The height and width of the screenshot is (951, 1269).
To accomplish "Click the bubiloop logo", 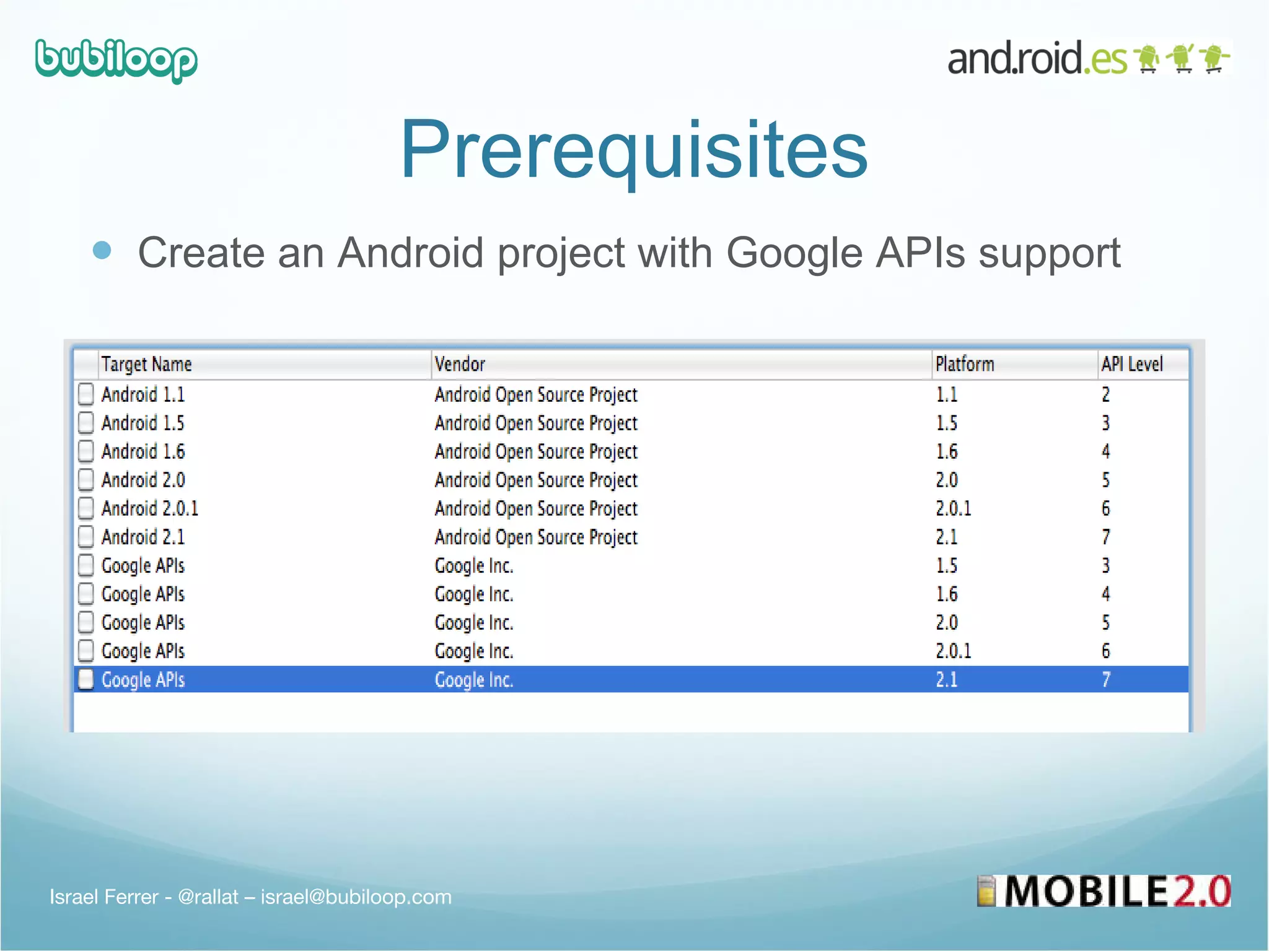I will tap(116, 60).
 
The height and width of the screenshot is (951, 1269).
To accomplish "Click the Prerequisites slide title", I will tap(634, 150).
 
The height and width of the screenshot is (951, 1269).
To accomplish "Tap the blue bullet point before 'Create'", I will tap(102, 250).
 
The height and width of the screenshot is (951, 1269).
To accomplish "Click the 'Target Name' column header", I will tap(146, 364).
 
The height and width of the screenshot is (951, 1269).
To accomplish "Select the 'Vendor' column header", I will tap(460, 364).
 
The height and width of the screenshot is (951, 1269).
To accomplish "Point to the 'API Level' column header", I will tap(1131, 364).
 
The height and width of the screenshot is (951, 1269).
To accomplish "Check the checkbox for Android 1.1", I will tap(86, 394).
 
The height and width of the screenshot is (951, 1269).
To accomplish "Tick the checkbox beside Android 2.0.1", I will tap(86, 508).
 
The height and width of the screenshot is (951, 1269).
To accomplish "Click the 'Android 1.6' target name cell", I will tap(143, 451).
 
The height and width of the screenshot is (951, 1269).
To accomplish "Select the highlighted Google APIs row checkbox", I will tap(86, 679).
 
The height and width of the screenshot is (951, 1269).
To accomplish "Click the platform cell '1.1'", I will tap(946, 394).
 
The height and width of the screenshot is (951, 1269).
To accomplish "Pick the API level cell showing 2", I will tap(1105, 394).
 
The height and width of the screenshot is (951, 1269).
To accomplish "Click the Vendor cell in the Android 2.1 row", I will tap(536, 537).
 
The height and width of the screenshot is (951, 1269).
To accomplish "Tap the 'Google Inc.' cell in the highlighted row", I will tap(474, 680).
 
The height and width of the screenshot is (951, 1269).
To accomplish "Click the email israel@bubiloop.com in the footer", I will tap(356, 897).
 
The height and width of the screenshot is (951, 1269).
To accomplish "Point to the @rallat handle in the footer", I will tap(208, 897).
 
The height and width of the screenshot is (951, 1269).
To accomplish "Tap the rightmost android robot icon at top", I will tap(1213, 58).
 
